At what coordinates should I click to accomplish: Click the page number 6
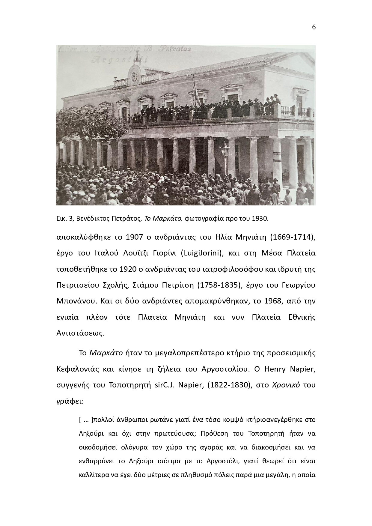pyautogui.click(x=314, y=27)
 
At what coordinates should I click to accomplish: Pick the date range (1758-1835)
pyautogui.click(x=220, y=285)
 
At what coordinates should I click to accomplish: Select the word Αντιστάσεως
pyautogui.click(x=80, y=333)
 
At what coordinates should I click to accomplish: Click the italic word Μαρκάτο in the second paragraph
pyautogui.click(x=106, y=353)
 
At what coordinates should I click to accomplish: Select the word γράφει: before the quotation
pyautogui.click(x=70, y=401)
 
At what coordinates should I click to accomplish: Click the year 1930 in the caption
pyautogui.click(x=260, y=218)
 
